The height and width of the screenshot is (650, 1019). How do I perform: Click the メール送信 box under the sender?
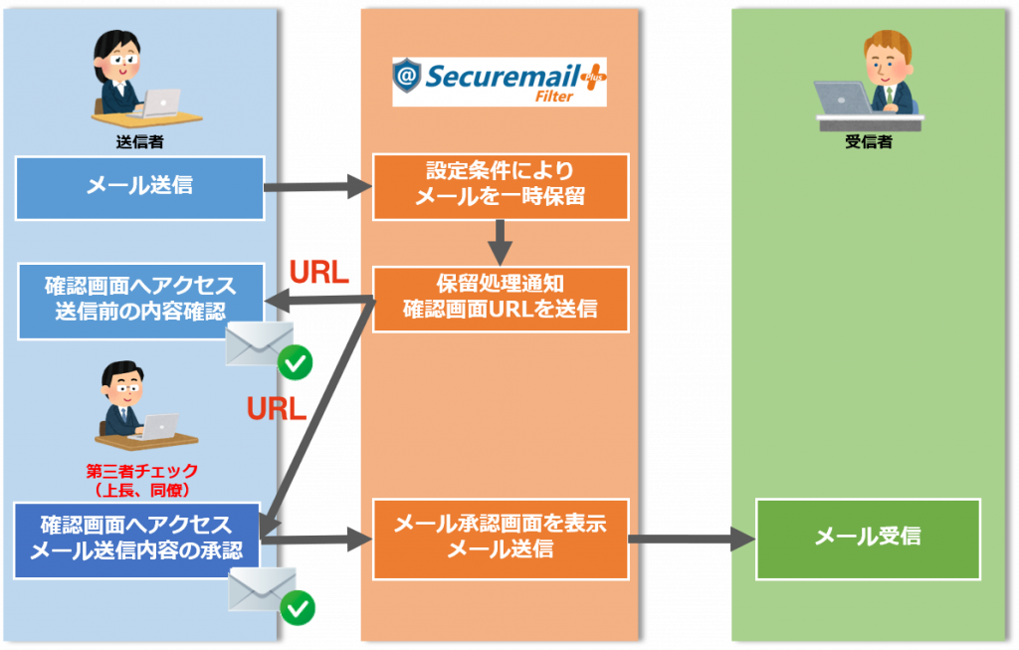[139, 187]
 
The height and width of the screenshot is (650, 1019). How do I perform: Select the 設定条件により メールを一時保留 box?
[501, 186]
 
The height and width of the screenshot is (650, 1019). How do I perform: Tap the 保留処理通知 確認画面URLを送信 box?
[501, 299]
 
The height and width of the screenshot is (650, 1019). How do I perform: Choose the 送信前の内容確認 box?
[140, 301]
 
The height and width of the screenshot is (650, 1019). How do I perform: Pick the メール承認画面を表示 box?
[501, 540]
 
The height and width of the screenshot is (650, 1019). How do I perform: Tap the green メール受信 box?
[868, 537]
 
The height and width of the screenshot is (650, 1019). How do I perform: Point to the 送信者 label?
[139, 141]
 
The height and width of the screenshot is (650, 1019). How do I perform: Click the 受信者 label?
[868, 141]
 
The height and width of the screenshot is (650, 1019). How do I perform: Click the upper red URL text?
[317, 273]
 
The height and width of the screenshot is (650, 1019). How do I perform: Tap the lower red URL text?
[276, 409]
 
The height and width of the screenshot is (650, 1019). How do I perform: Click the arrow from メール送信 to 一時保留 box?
[316, 186]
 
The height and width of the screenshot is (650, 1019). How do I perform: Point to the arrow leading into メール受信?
[692, 540]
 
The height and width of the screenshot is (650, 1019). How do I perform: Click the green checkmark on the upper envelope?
[296, 363]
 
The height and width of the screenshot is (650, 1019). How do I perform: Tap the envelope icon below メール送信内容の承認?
[261, 588]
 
